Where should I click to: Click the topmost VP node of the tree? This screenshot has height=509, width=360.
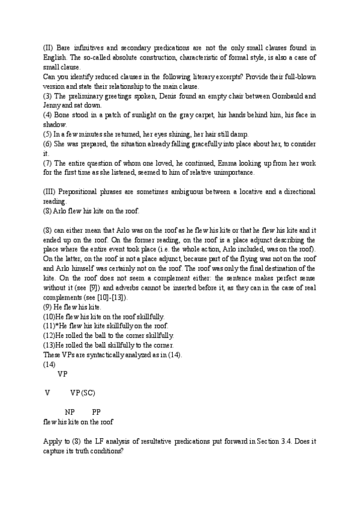coord(62,373)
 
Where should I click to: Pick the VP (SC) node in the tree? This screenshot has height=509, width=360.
coord(83,393)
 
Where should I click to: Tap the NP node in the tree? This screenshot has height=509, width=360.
coord(70,412)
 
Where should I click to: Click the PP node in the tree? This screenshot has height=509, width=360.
coord(97,412)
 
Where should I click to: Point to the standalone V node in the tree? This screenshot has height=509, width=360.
coord(46,393)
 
